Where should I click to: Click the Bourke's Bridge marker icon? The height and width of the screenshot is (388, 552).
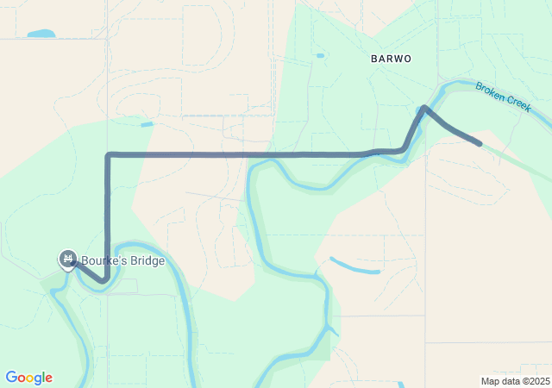coord(67,258)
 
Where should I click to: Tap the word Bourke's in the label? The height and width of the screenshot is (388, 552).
coord(103,260)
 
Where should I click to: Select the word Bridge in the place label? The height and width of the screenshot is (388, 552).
coord(145,260)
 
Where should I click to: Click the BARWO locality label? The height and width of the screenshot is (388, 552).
coord(391,59)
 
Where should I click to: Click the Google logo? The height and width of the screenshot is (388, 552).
coord(28,378)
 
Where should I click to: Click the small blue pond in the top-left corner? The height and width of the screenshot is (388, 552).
coord(41,34)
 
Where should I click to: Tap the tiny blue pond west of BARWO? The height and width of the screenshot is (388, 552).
coord(320,56)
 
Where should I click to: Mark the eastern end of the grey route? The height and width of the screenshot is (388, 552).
coord(480,144)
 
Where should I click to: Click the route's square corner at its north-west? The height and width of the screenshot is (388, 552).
coord(108,155)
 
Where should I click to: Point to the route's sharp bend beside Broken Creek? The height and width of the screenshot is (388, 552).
coord(423,108)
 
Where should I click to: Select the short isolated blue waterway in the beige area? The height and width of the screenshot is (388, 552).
coord(354,266)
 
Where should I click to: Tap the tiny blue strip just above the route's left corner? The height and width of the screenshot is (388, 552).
coord(147,125)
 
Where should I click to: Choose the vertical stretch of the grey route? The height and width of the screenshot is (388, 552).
coord(108,216)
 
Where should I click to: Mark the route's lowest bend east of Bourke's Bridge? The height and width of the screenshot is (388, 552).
coord(103,280)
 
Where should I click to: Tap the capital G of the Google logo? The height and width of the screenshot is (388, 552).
coord(11,378)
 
